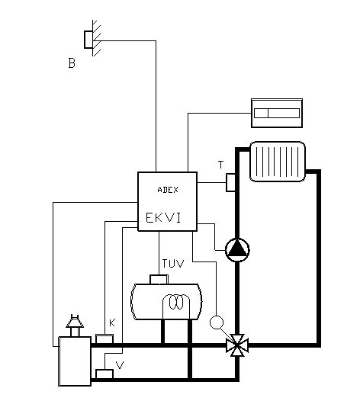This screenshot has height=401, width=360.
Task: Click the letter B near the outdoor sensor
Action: (72, 63)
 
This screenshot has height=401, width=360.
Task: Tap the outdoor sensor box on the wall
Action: (88, 40)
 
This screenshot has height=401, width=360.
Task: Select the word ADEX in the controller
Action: (168, 190)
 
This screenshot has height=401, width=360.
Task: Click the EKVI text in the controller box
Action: (163, 218)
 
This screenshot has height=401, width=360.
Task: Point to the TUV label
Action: (173, 264)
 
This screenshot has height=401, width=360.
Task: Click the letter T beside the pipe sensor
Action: (220, 165)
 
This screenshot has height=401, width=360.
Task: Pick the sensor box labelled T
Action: (230, 182)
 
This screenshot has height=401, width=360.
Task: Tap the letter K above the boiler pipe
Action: (112, 323)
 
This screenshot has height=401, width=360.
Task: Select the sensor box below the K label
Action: (104, 338)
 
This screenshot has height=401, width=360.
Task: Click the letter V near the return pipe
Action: (120, 365)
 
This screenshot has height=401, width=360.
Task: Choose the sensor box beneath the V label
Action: (104, 374)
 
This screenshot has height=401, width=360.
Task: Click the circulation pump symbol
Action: (237, 250)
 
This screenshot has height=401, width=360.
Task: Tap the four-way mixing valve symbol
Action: (237, 345)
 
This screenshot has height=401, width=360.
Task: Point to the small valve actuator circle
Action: (217, 322)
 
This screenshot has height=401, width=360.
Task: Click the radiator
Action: (278, 162)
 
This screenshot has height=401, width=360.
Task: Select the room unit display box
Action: (277, 113)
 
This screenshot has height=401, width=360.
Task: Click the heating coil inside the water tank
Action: (176, 303)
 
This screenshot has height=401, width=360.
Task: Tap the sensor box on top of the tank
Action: (159, 279)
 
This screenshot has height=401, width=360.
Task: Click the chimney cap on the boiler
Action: (75, 322)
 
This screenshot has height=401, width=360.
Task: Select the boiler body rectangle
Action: (75, 361)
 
